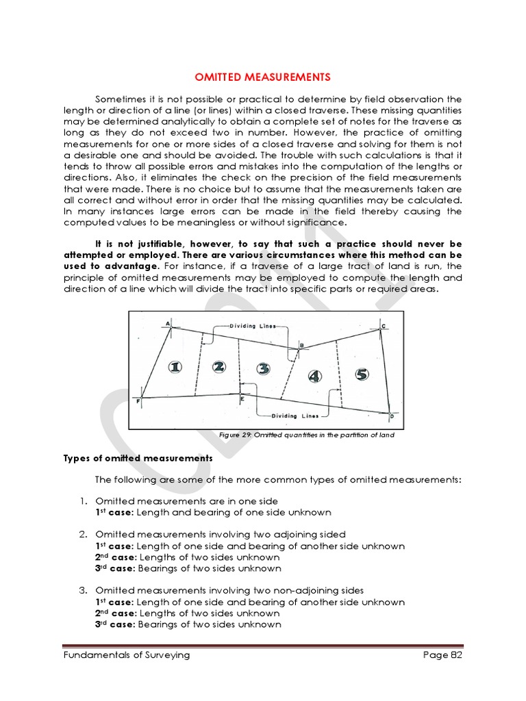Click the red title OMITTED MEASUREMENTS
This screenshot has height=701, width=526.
click(x=263, y=77)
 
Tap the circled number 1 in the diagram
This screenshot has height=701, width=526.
click(x=175, y=367)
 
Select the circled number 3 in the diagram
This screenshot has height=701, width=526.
click(x=263, y=369)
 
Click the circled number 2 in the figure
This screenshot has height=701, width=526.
click(x=218, y=367)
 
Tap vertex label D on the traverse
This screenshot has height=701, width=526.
click(x=391, y=416)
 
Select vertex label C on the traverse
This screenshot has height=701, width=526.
click(x=383, y=326)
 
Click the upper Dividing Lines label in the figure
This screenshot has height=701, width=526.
click(x=253, y=327)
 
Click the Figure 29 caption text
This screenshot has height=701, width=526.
click(x=306, y=435)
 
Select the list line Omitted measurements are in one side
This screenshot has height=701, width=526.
click(x=186, y=501)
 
